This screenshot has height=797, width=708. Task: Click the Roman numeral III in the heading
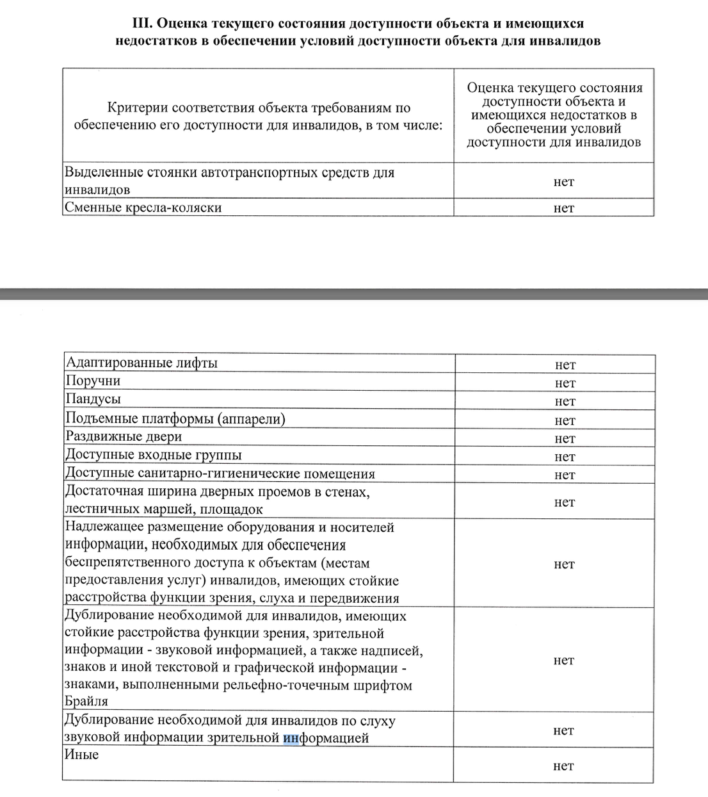click(x=141, y=24)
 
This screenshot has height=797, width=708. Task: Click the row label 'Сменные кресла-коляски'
click(x=143, y=208)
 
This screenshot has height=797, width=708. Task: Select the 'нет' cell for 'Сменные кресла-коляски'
click(x=564, y=208)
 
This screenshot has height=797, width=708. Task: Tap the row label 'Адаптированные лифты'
click(x=141, y=363)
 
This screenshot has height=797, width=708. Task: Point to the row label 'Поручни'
click(x=93, y=381)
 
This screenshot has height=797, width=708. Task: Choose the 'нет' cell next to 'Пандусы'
click(x=565, y=402)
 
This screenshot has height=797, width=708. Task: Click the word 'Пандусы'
click(x=93, y=399)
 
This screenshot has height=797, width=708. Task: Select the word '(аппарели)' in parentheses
click(x=251, y=418)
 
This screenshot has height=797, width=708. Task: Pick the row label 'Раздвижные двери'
click(x=124, y=437)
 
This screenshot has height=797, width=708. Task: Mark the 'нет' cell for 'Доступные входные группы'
click(x=565, y=457)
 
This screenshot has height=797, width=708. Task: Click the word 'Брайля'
click(x=86, y=702)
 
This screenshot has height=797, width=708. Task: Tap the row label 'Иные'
click(x=81, y=755)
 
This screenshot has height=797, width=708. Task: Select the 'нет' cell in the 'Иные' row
click(x=564, y=766)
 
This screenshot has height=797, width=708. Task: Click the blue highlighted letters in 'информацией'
click(x=291, y=738)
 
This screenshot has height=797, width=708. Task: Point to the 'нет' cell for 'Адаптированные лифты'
click(x=565, y=365)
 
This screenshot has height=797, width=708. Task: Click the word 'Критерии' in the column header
click(x=138, y=108)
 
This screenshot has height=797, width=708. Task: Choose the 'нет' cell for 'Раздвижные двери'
click(x=565, y=439)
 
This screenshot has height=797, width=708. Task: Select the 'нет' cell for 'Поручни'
click(x=565, y=383)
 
